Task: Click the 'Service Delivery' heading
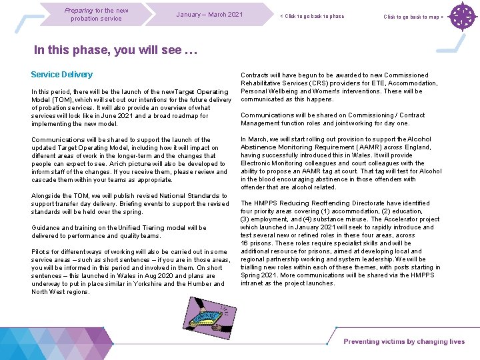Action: point(62,75)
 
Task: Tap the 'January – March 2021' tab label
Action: point(209,15)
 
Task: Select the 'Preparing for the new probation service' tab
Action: point(97,14)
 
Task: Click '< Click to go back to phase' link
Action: point(312,17)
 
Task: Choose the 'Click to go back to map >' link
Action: point(413,17)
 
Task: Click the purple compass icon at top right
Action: point(462,17)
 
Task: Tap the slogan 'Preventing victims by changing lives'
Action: point(404,342)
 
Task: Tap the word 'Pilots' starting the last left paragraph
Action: point(41,252)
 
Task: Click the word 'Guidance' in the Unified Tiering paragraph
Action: point(46,228)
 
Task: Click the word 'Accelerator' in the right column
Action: point(397,219)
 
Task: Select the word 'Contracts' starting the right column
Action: point(255,75)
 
